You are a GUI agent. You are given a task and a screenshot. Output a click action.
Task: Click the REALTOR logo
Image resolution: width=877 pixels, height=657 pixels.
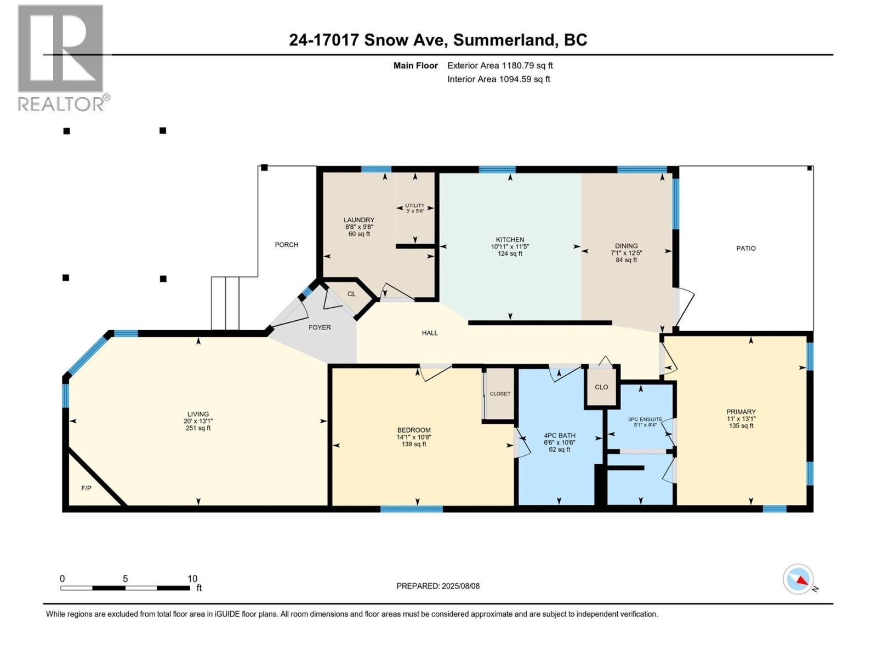point(61,57)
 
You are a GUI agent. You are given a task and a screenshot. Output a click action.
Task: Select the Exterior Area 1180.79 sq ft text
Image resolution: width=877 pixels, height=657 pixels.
point(500,66)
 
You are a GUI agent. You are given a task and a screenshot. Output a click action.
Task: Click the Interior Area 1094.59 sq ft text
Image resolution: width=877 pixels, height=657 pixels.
point(498,79)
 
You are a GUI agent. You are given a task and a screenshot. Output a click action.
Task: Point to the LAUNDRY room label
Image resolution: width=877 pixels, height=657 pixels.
point(359,220)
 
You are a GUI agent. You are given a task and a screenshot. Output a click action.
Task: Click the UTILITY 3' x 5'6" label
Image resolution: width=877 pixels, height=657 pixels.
point(415,208)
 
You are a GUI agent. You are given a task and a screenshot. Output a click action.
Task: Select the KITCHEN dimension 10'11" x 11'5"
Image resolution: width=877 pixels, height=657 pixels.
point(510,247)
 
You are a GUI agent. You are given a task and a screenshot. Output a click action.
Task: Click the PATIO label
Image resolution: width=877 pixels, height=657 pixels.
point(745,249)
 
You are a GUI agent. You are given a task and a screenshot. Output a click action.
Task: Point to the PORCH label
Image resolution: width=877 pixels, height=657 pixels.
point(286,245)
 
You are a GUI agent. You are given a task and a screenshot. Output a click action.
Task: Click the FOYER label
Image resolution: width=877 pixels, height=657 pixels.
point(320,327)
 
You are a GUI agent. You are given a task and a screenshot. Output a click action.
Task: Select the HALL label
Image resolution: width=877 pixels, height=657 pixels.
point(430,333)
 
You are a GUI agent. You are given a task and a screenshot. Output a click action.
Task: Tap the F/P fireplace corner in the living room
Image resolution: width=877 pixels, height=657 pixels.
point(87,488)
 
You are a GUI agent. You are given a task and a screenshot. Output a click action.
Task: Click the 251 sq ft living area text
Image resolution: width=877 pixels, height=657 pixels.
point(198,428)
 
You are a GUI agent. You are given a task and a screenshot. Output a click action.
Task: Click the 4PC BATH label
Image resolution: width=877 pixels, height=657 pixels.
point(560,436)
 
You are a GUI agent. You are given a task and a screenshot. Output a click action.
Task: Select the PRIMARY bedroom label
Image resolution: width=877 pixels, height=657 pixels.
point(741,412)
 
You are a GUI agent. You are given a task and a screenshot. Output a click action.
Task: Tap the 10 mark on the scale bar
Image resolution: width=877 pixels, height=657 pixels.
point(192,579)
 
